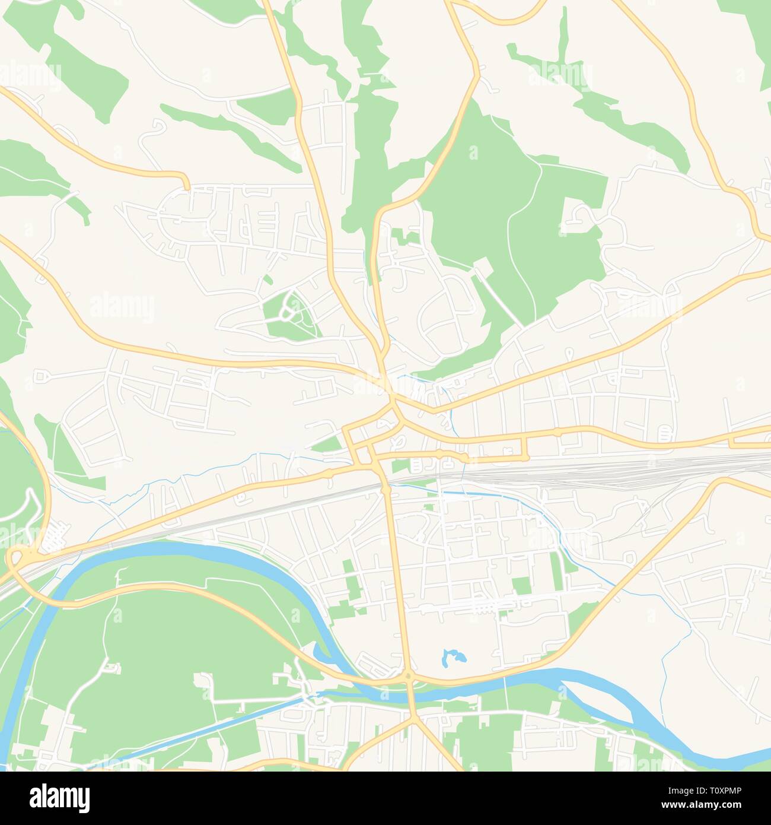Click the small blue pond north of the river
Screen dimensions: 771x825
(454, 657)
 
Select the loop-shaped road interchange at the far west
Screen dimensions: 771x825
(18, 559)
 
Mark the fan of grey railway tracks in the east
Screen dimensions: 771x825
(652, 466)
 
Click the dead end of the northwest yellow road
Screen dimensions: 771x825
(187, 186)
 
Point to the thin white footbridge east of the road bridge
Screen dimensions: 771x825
(505, 688)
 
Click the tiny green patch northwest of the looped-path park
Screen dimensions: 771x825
(267, 278)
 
